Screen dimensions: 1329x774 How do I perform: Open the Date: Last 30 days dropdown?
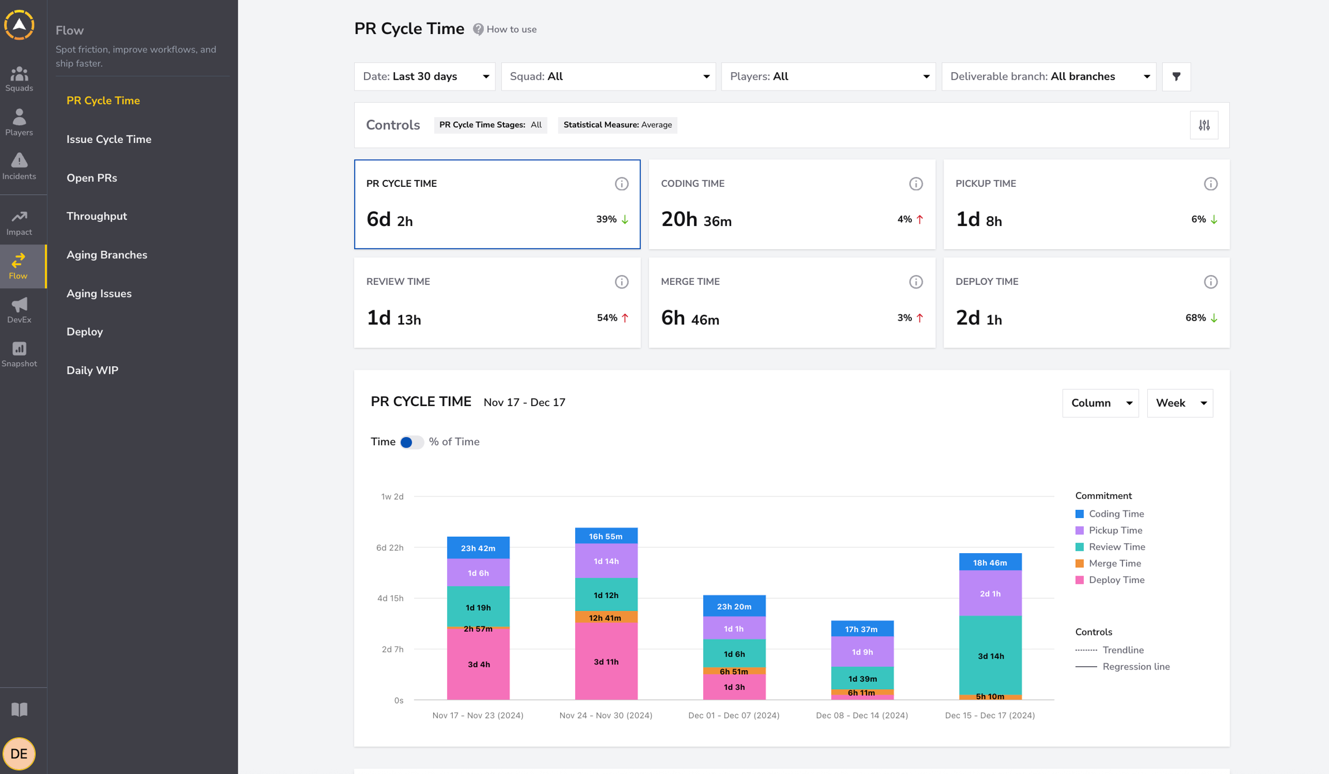coord(425,77)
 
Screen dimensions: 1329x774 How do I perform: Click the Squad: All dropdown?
coord(609,77)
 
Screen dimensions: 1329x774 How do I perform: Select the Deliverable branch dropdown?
coord(1049,77)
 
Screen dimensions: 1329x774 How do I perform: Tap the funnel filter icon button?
coord(1176,77)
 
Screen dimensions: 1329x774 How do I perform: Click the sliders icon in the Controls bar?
coord(1204,125)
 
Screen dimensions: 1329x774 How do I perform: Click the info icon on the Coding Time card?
coord(916,184)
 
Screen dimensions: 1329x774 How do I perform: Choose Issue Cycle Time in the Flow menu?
coord(109,139)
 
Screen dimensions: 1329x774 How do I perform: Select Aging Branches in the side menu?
coord(107,255)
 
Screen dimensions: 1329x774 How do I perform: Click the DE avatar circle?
coord(19,753)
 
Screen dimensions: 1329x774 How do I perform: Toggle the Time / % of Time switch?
coord(412,442)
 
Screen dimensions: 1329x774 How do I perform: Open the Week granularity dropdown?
coord(1180,403)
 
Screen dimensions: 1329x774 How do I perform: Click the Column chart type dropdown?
coord(1100,403)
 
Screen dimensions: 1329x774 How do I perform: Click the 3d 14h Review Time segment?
coord(990,655)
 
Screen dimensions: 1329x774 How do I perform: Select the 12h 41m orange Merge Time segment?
coord(606,617)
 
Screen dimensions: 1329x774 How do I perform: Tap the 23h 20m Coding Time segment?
coord(734,606)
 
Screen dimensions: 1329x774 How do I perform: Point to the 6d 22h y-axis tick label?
coord(390,547)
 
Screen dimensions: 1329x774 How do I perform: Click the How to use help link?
coord(505,29)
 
